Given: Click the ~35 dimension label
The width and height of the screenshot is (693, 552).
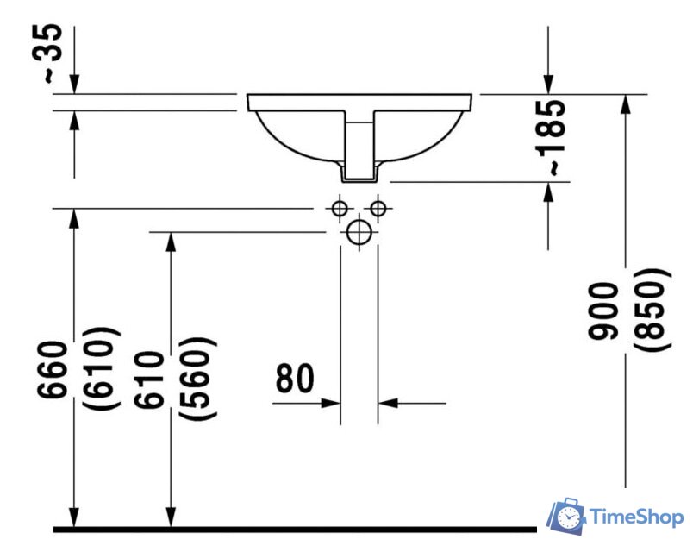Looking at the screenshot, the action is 47,53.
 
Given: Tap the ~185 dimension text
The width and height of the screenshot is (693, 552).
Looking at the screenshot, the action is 551,137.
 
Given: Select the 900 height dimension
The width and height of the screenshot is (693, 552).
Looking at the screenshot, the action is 602,311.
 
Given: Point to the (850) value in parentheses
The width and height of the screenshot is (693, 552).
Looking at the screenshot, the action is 652,310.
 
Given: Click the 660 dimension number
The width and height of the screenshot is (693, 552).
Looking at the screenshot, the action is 53,370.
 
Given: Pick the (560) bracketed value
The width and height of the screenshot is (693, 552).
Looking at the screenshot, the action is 197,378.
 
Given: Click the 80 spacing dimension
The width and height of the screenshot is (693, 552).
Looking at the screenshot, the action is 295,379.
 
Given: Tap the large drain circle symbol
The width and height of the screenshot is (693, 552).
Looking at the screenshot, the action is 359,232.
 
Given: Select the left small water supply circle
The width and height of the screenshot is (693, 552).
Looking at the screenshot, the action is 340,208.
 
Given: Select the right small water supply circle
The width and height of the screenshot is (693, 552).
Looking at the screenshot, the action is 378,208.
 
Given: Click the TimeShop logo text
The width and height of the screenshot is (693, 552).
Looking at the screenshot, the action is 636,517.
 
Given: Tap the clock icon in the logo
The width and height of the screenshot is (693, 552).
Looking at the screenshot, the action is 569,517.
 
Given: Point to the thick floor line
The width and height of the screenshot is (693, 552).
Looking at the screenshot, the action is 295,529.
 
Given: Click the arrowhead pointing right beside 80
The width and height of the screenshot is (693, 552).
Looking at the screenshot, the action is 331,404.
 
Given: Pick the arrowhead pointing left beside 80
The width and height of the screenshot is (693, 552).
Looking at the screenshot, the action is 388,404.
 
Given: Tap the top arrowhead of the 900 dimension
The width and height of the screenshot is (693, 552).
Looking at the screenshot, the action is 625,104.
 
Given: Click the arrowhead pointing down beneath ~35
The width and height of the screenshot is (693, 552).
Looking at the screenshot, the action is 74,85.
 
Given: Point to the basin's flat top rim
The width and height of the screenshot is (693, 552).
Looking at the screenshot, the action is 359,102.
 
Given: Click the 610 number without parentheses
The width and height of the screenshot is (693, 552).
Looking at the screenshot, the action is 149,379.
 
